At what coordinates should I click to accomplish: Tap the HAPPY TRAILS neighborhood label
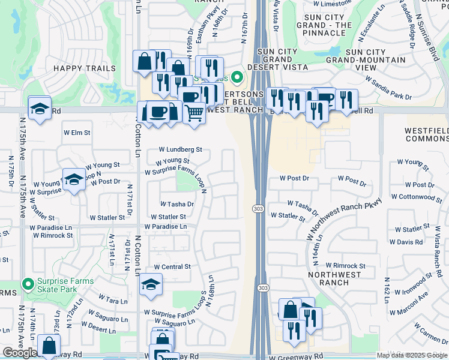pos(85,68)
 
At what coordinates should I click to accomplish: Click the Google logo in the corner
pos(19,353)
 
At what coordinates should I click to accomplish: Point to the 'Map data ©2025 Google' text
pos(412,355)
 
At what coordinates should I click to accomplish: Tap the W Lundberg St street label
pos(180,149)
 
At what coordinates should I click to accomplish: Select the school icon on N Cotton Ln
pos(151,286)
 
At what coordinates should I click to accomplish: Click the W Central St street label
pos(172,266)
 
